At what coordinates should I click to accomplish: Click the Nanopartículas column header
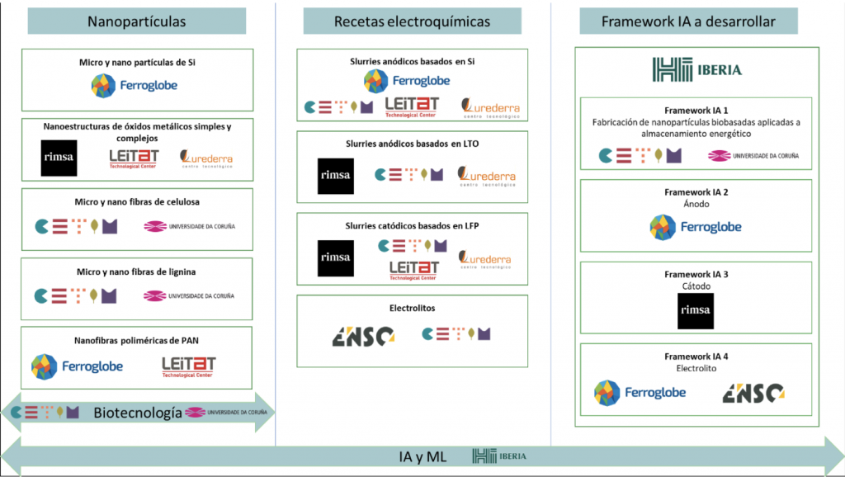[x=137, y=21]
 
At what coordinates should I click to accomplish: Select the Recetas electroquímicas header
[x=412, y=21]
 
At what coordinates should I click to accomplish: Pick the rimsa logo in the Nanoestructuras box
[x=59, y=158]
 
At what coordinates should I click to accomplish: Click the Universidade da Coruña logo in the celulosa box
[x=189, y=226]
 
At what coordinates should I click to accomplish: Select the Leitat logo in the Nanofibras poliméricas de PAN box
[x=188, y=366]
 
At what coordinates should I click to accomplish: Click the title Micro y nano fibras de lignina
[x=137, y=272]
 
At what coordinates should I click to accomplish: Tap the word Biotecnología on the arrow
[x=137, y=413]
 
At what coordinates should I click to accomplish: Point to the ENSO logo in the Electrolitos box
[x=362, y=335]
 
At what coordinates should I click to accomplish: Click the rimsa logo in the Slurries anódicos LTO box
[x=335, y=176]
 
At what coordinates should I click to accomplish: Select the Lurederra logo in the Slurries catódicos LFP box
[x=486, y=260]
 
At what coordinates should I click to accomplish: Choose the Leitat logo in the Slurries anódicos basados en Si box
[x=412, y=106]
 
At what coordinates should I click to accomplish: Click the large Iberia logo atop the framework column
[x=696, y=69]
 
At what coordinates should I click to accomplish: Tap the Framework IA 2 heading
[x=696, y=191]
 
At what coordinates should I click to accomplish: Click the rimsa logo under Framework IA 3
[x=695, y=311]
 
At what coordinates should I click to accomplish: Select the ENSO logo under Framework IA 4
[x=753, y=393]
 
